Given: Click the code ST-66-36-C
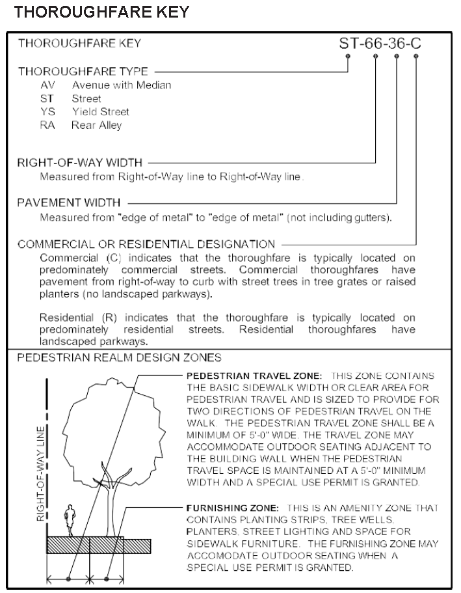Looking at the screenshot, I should pos(380,44).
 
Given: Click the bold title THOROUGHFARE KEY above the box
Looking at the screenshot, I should pos(102,12).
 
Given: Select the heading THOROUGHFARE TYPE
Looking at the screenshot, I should pos(83,72).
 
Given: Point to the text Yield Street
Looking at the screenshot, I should pos(101,111).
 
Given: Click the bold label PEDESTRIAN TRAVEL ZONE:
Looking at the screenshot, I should pos(254,376).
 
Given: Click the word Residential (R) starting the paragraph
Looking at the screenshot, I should pos(68,318).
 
